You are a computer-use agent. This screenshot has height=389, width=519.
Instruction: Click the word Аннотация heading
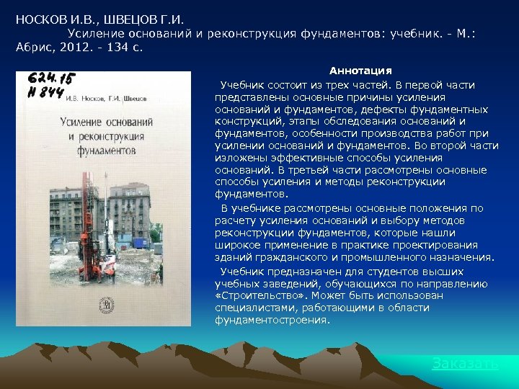[x=360, y=71]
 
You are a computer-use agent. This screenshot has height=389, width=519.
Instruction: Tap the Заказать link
[x=465, y=363]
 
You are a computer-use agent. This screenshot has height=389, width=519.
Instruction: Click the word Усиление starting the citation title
[x=94, y=33]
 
